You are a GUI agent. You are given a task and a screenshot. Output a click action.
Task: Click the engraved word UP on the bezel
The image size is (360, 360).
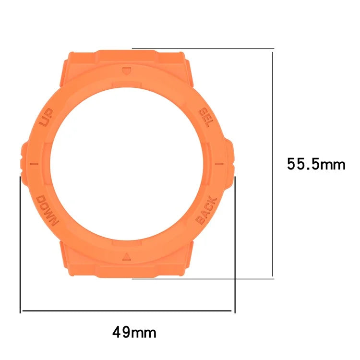(x=47, y=118)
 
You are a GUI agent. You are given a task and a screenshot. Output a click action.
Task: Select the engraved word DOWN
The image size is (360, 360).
(x=47, y=210)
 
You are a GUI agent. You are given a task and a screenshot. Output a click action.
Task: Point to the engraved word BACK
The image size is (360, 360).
(x=207, y=211)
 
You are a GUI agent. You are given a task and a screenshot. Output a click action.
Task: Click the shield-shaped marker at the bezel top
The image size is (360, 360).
(x=126, y=71)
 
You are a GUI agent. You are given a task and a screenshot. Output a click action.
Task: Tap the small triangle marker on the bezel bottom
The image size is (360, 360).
(x=126, y=255)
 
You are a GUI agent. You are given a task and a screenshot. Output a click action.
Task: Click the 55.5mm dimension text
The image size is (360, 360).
(x=316, y=165)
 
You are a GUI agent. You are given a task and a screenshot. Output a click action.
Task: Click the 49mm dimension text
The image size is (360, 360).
(x=134, y=332)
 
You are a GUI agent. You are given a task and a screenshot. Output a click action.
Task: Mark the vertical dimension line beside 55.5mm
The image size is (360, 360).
(x=273, y=163)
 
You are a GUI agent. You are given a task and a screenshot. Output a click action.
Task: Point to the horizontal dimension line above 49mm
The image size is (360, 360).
(x=127, y=311)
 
